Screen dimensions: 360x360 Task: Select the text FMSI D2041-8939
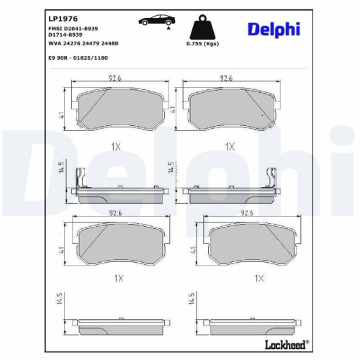pyautogui.click(x=74, y=27)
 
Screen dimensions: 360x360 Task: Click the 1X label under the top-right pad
pyautogui.click(x=230, y=146)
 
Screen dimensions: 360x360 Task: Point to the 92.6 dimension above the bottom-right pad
pyautogui.click(x=248, y=212)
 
